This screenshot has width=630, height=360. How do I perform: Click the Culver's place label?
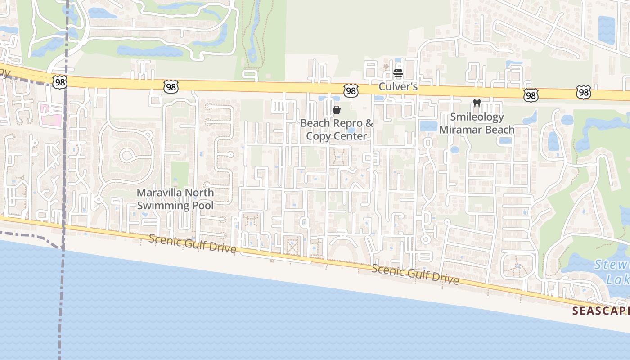point(398,86)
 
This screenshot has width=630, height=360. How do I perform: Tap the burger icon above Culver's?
point(398,73)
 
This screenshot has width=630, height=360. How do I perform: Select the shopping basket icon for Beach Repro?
point(336,110)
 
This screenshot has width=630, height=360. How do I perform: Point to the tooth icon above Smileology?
point(477,103)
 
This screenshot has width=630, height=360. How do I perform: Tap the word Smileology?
point(477,117)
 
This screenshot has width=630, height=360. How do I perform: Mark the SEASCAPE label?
point(601,310)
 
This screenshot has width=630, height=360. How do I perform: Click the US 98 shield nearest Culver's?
point(351,90)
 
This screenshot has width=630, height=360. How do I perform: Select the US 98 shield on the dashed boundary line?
point(59,82)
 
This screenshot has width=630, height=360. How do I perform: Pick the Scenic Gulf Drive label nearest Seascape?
point(415,274)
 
